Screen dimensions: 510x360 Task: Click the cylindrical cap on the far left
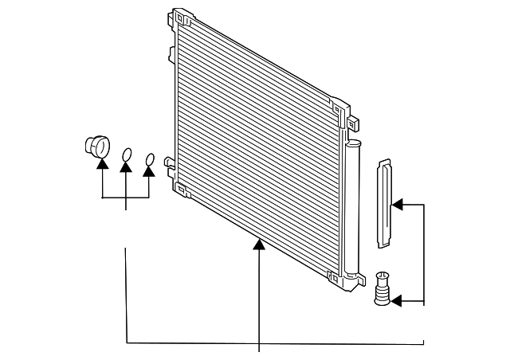[96, 147]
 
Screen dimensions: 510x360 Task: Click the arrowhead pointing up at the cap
[102, 163]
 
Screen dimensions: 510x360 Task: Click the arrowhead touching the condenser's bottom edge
[259, 245]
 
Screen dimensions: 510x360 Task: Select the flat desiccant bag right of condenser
[384, 203]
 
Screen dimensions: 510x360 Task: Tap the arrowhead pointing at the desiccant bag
[397, 205]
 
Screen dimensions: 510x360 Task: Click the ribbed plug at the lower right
[382, 288]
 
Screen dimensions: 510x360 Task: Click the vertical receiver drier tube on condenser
[351, 207]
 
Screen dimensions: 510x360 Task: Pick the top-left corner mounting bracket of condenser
[182, 18]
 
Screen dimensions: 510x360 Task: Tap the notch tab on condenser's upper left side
[171, 53]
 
